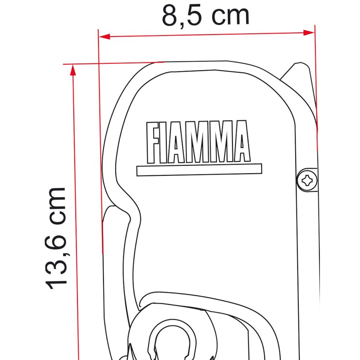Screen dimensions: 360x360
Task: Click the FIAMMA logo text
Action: pyautogui.click(x=198, y=142)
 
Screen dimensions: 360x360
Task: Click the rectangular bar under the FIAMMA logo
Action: pyautogui.click(x=199, y=170)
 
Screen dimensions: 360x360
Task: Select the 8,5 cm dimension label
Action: pyautogui.click(x=206, y=15)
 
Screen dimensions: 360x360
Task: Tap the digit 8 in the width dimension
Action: pyautogui.click(x=171, y=15)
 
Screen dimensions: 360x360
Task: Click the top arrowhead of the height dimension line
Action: pyautogui.click(x=72, y=69)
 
